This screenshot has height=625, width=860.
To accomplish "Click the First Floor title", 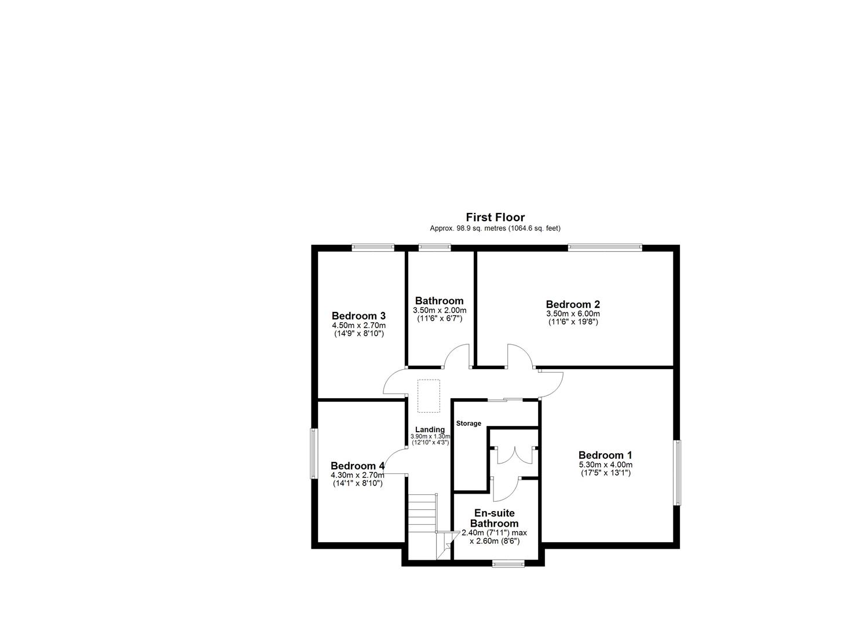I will (x=495, y=218).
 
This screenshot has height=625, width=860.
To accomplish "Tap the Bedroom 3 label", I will (x=358, y=316).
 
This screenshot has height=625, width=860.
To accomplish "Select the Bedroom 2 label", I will (x=573, y=304).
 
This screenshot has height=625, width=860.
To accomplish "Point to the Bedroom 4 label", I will (x=357, y=466).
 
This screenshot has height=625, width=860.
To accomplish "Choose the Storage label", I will (x=469, y=424).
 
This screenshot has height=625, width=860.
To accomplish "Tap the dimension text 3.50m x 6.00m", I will (x=573, y=314).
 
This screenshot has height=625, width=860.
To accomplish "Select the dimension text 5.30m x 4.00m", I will (x=605, y=465).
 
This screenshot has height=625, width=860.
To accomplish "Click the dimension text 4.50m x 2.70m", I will (x=358, y=326).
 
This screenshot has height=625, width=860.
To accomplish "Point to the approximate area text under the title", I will (x=495, y=229).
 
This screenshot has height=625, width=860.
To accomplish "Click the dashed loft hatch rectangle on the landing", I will (x=429, y=396).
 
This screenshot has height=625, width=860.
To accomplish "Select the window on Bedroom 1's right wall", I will (x=676, y=472).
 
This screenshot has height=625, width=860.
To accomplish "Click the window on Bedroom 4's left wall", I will (x=313, y=454).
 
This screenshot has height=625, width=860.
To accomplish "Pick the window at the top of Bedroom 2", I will (x=605, y=248).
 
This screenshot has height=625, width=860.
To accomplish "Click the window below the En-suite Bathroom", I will (x=508, y=562).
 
